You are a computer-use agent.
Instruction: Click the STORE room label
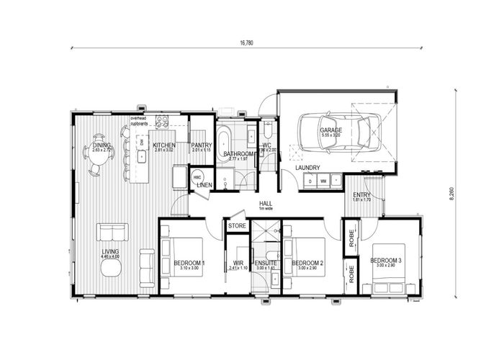[237, 226]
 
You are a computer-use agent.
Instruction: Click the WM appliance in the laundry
[324, 181]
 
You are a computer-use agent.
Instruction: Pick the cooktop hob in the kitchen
[162, 121]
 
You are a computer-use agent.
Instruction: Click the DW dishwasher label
[143, 143]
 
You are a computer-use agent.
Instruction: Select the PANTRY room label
[202, 145]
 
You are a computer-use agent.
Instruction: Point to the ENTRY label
[361, 195]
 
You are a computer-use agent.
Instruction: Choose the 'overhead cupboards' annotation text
[139, 120]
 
